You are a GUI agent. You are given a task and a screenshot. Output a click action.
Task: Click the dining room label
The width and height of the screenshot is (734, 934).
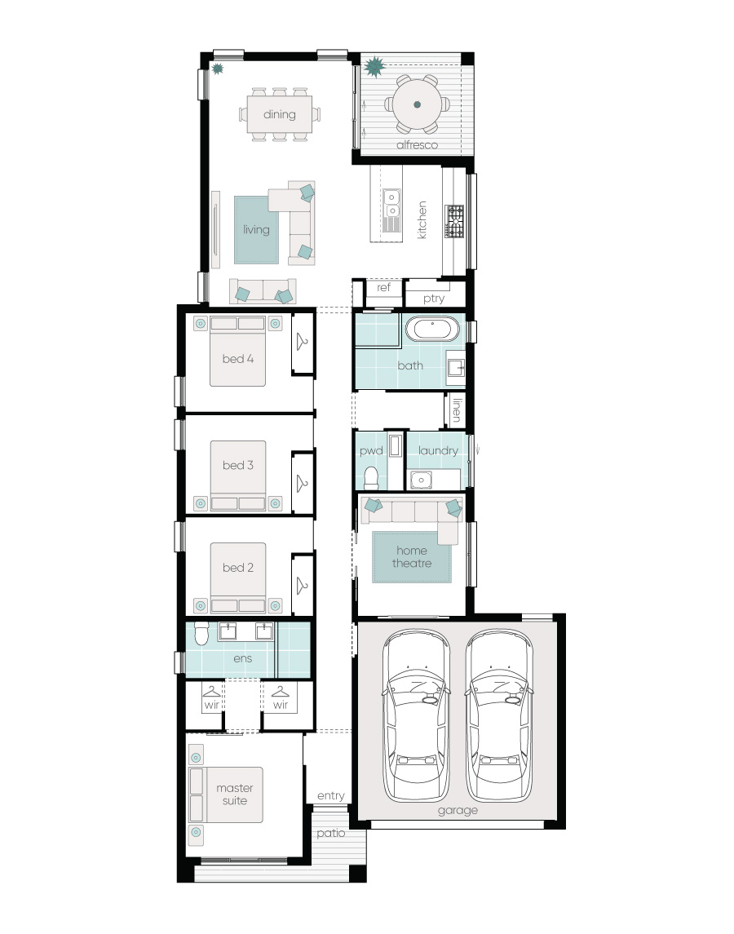280,114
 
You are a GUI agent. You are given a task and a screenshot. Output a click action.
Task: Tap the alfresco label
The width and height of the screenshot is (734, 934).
417,144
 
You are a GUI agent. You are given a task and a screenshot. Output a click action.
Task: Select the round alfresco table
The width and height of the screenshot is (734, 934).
417,104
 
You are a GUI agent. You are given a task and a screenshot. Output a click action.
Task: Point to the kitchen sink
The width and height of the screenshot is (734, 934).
391,203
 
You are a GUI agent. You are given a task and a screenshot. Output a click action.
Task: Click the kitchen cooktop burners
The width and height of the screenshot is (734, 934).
455,221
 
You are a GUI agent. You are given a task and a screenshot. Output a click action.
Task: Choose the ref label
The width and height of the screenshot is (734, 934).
383,287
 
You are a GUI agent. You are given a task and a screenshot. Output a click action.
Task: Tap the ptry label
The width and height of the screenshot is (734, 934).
434,299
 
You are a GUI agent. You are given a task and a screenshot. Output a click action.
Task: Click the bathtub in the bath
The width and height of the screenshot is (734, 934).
432,329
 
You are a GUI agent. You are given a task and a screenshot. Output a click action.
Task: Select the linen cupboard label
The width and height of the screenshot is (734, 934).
457,410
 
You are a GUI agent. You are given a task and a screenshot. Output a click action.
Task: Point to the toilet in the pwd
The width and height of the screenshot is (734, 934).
371,478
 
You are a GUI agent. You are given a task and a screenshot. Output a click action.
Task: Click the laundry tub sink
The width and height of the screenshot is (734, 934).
421,480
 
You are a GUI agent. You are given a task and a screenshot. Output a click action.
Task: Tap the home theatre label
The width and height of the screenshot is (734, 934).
412,557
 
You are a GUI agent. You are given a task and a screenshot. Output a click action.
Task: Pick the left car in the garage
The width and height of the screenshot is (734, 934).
417,715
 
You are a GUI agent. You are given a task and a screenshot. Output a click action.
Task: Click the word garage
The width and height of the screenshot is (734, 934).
458,811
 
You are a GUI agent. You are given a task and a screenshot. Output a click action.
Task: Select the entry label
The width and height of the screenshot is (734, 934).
330,796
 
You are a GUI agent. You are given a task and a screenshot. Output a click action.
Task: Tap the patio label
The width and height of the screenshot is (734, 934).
330,833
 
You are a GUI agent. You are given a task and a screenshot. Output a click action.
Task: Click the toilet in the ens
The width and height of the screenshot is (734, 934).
201,634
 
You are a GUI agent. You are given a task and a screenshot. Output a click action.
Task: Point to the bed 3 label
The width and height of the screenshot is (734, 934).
237,465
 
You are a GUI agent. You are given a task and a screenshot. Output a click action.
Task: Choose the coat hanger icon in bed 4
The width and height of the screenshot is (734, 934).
302,341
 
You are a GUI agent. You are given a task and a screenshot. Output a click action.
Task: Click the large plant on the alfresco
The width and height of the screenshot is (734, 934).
374,66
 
